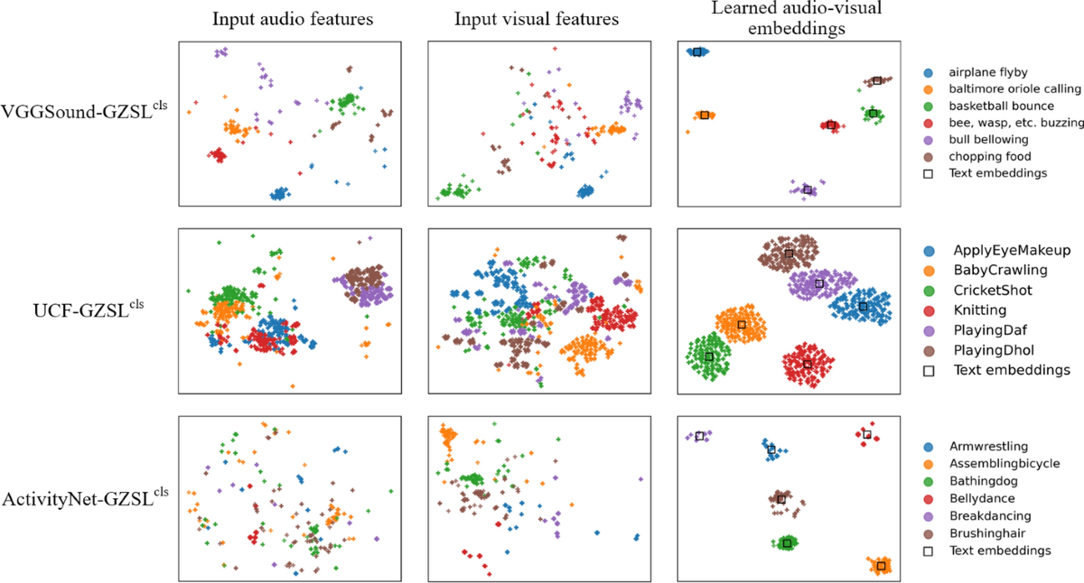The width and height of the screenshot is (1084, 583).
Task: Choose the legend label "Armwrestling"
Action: [x=987, y=447]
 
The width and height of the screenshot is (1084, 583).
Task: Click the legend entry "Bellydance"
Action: [x=981, y=498]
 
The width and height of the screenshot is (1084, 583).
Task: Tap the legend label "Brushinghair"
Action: [x=986, y=532]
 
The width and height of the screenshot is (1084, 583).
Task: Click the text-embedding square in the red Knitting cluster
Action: [x=808, y=365]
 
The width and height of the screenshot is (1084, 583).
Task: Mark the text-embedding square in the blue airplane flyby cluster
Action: [x=697, y=52]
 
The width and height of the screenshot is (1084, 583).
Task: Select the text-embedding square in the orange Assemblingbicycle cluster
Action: [x=881, y=566]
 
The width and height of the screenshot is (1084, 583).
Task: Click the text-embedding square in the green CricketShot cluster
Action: [x=709, y=356]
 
